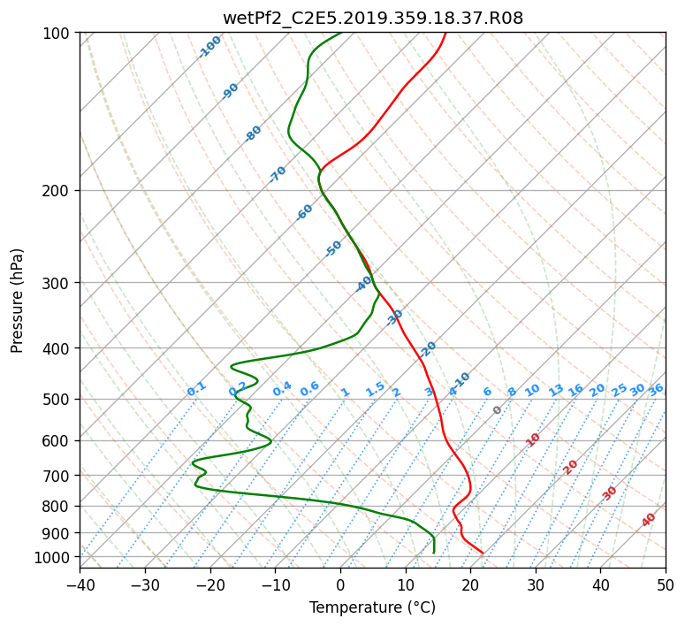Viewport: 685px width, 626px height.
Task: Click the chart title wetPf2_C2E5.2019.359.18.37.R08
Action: click(x=373, y=19)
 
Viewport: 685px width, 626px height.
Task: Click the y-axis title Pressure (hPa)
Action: click(x=16, y=301)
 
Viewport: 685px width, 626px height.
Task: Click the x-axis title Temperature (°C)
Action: click(x=373, y=607)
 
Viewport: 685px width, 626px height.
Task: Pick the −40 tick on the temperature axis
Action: click(x=80, y=584)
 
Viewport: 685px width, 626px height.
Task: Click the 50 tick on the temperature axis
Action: click(x=666, y=584)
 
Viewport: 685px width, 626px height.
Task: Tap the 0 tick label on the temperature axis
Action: click(x=340, y=584)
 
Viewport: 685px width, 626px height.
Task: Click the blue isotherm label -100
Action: click(x=209, y=47)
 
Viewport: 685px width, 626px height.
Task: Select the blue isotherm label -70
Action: click(x=278, y=174)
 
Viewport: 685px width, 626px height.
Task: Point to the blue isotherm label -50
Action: click(x=333, y=248)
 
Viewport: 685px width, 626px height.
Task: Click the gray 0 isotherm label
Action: click(x=497, y=410)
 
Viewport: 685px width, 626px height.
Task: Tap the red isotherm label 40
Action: click(x=648, y=520)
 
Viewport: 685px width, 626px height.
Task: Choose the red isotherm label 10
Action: click(x=533, y=439)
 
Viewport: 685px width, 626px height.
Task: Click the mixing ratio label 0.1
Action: click(x=196, y=389)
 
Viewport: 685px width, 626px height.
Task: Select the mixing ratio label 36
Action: click(x=656, y=390)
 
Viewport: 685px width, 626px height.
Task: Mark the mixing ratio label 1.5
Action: click(x=376, y=389)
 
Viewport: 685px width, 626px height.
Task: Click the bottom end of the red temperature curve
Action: click(x=483, y=553)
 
